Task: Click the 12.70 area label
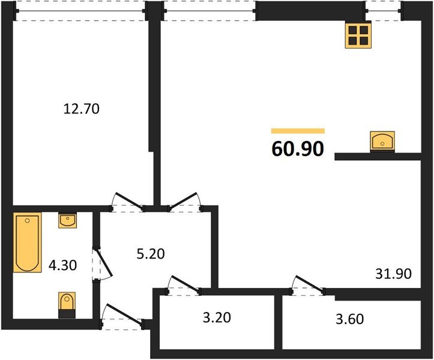82,109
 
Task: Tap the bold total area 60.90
298,149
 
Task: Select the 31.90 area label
394,274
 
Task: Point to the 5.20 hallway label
151,254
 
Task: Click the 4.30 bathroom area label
62,265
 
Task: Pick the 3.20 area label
217,317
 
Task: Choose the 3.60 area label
350,319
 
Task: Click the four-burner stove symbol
358,35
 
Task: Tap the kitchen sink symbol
382,142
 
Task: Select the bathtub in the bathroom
28,242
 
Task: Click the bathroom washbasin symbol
68,221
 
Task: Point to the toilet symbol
67,305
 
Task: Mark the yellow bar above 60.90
298,131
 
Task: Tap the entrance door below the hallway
124,314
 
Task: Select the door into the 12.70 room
130,201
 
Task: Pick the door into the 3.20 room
186,284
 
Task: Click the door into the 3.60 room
310,284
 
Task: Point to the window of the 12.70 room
80,11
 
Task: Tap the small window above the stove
383,11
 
